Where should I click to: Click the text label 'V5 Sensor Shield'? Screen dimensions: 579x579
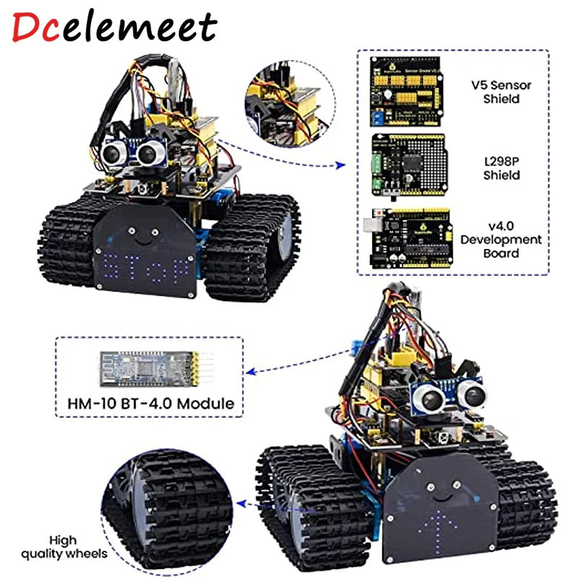click(x=507, y=91)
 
